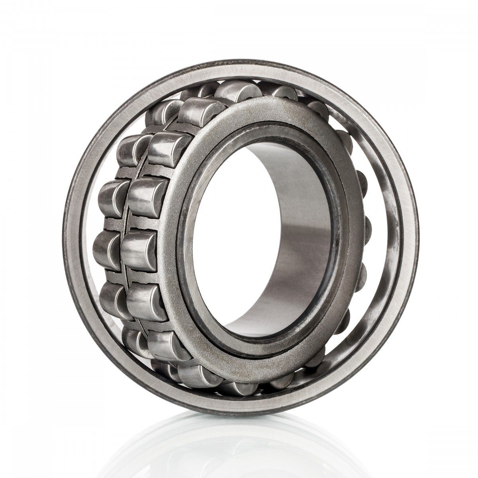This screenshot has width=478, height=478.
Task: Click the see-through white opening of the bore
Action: pos(223,239)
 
